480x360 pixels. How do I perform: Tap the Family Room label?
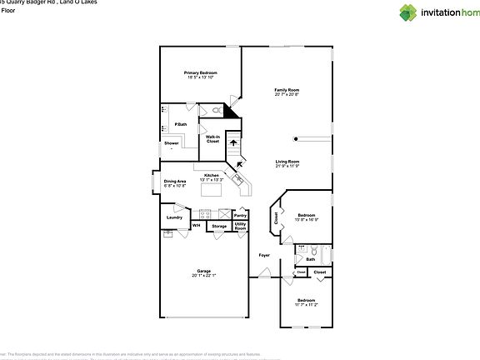[287, 92]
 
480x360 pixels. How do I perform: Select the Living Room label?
[287, 163]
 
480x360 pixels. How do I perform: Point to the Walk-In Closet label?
[212, 139]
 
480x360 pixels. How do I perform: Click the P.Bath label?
[180, 125]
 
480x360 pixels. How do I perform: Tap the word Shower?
[171, 143]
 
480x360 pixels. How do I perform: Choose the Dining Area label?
[174, 182]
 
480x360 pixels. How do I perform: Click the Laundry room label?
[174, 217]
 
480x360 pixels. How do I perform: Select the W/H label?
[197, 226]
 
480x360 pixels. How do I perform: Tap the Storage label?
[218, 226]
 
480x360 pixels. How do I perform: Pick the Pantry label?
[240, 215]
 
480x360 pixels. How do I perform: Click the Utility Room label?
[240, 226]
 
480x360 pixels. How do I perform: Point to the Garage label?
[203, 272]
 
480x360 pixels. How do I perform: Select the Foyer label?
[264, 255]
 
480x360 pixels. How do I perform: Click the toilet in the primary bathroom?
[216, 110]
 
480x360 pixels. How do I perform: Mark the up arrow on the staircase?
[234, 143]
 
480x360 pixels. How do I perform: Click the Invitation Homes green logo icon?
[407, 12]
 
